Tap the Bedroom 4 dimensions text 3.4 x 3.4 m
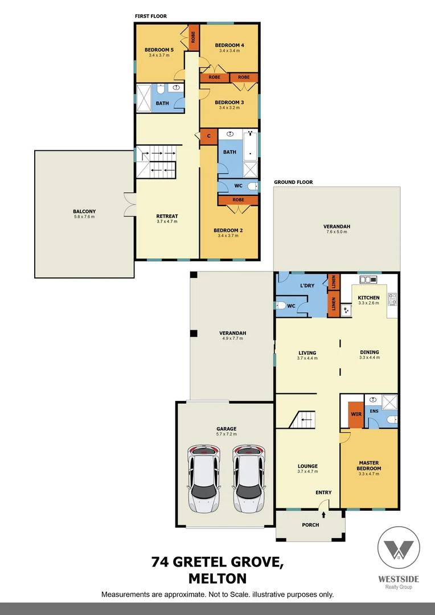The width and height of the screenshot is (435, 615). click(x=229, y=51)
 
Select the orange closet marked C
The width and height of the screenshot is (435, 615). click(x=208, y=136)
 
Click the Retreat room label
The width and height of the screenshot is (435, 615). click(x=167, y=216)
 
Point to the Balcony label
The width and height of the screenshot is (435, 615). click(x=84, y=211)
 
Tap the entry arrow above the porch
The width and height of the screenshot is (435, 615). click(x=324, y=514)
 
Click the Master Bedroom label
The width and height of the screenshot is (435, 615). click(x=369, y=465)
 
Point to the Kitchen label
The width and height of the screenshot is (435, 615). click(x=368, y=298)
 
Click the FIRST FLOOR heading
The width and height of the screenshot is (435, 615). click(x=151, y=16)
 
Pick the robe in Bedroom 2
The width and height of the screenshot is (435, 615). click(x=238, y=200)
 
